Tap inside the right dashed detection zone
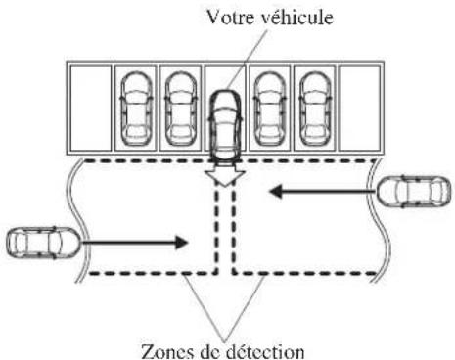point(303,230)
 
